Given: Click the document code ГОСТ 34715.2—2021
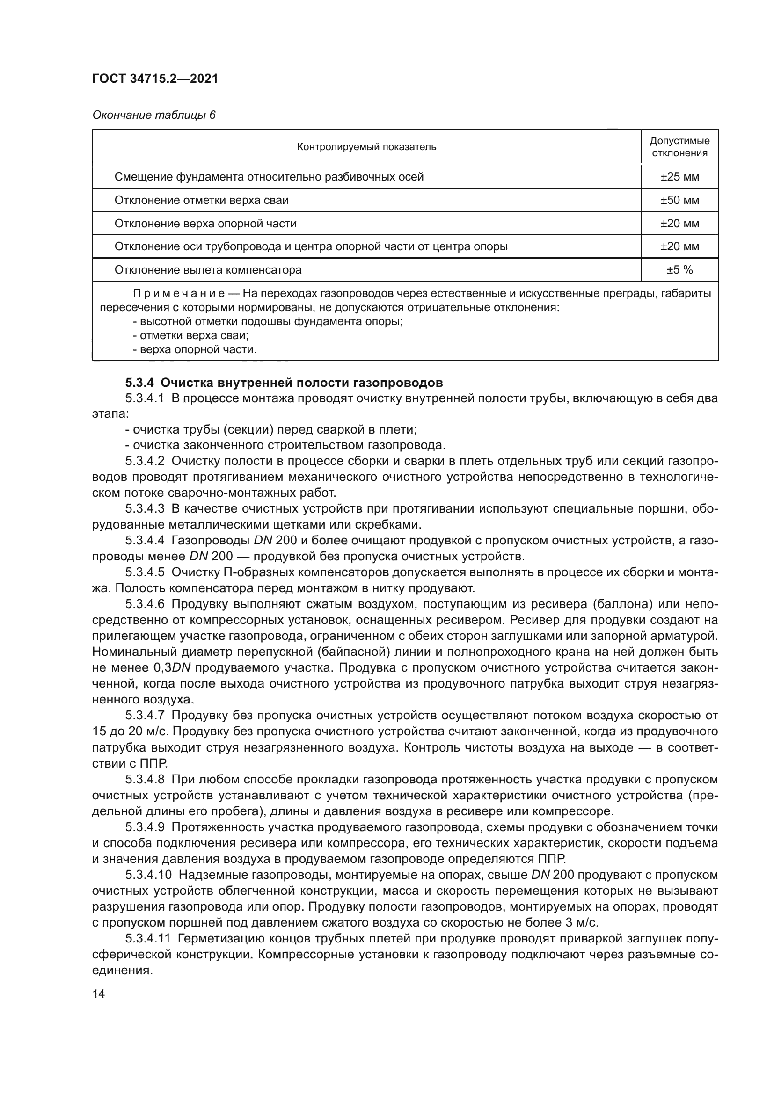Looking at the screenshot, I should [155, 79].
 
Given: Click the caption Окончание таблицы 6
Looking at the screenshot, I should [153, 115].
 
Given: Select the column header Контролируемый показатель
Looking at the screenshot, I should [366, 147].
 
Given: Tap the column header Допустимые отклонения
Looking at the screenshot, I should [679, 147].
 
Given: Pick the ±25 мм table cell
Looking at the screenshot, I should [679, 177].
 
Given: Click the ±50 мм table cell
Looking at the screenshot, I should [679, 200].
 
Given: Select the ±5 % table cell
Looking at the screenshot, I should [679, 270].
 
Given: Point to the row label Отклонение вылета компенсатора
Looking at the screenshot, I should [208, 270].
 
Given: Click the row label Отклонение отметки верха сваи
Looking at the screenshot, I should [201, 200].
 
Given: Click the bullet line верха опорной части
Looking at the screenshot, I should [195, 350].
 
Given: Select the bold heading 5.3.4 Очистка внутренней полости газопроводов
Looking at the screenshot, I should [284, 383].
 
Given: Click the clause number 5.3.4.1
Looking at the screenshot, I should [145, 398].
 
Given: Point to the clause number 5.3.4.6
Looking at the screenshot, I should [145, 604].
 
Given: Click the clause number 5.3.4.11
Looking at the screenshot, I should [148, 939].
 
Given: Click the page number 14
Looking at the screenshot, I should [99, 993].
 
